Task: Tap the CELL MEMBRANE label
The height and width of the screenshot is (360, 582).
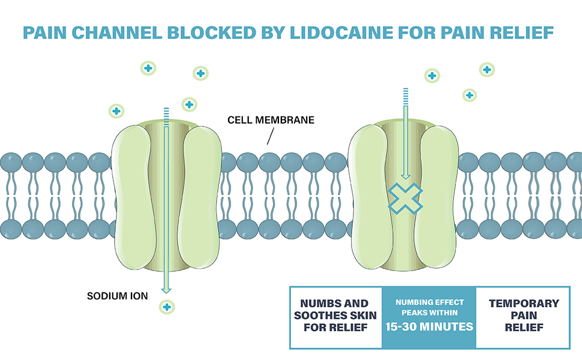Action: click(x=271, y=120)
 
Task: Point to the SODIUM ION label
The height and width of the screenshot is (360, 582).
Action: click(x=118, y=296)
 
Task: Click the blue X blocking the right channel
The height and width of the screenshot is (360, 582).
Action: click(x=405, y=198)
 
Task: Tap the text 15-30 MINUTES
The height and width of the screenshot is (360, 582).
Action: click(x=429, y=327)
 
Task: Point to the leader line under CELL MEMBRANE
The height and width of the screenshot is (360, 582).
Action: click(x=269, y=137)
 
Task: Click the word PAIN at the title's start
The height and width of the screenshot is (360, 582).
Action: click(x=44, y=32)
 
